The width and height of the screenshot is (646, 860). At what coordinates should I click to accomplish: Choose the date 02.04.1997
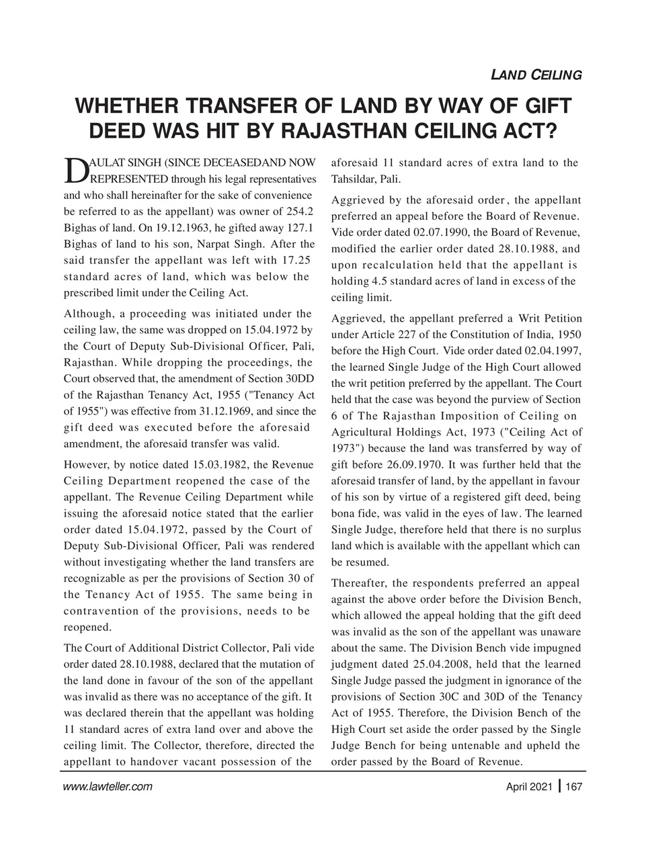tap(556, 351)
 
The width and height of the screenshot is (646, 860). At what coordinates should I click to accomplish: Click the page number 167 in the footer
tap(573, 786)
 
